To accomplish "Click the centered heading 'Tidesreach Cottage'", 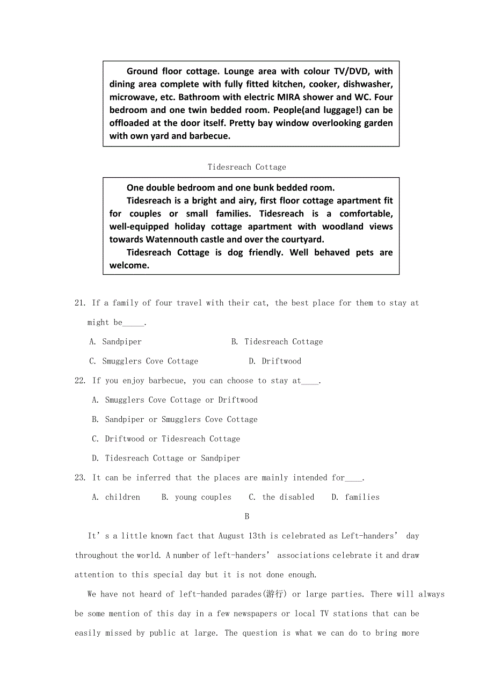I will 247,167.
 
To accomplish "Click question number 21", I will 80,303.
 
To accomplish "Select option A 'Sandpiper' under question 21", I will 121,341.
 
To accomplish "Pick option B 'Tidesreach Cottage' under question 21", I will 283,341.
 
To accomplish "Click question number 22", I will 80,381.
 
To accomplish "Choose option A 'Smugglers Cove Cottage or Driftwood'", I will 181,400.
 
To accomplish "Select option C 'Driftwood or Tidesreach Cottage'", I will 172,439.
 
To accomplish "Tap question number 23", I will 80,477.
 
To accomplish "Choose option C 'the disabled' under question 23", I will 288,497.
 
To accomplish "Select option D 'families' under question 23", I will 362,497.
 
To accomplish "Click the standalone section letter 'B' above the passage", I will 247,516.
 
